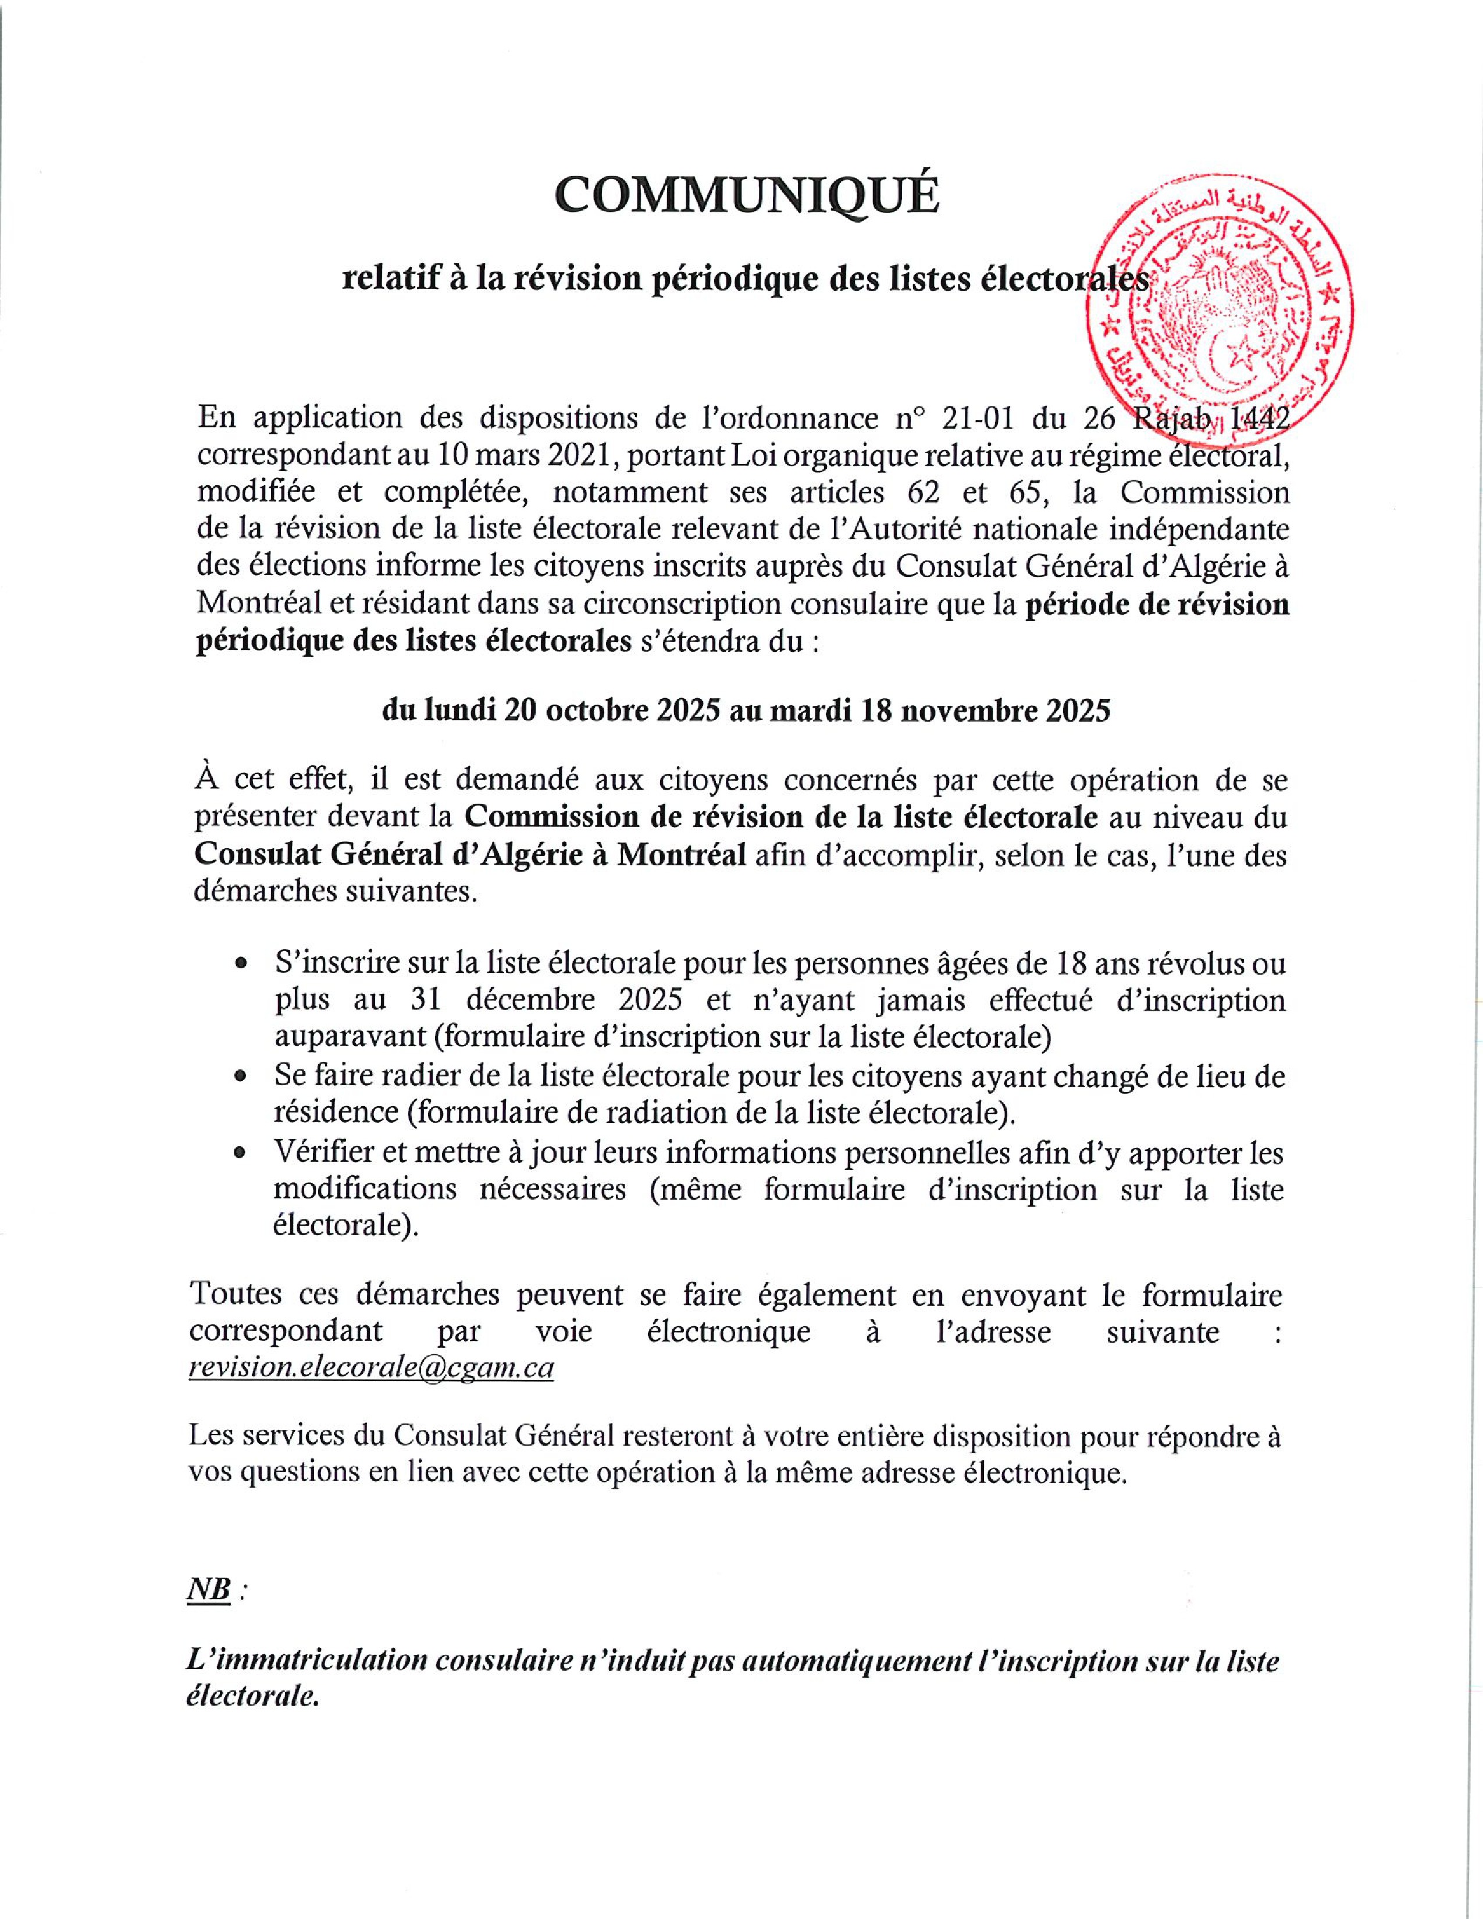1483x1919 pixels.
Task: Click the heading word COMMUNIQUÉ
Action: pyautogui.click(x=747, y=195)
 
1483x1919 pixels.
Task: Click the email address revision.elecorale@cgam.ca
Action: pyautogui.click(x=371, y=1369)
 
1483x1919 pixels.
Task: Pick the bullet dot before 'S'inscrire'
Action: pyautogui.click(x=240, y=964)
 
